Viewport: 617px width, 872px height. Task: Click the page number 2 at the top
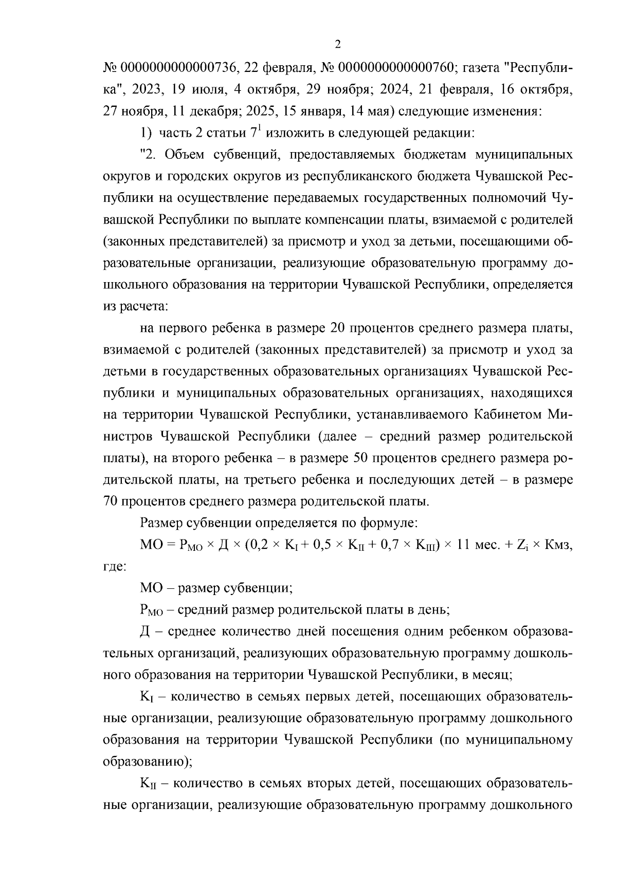[x=337, y=45]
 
